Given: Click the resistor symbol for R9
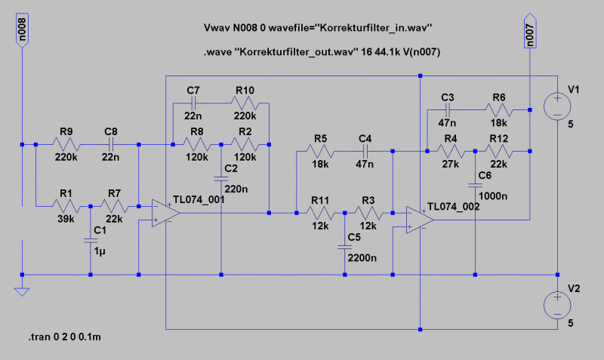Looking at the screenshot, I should coord(65,144).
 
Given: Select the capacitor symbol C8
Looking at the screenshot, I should coord(112,144).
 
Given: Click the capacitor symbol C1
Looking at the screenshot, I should coord(91,241).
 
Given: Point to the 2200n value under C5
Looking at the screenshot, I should coord(362,259).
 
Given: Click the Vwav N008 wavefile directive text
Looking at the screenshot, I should coord(317,28).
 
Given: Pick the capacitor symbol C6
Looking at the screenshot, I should coord(475,184).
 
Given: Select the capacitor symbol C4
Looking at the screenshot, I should coord(365,152).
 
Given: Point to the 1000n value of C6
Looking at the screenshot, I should coord(495,196).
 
